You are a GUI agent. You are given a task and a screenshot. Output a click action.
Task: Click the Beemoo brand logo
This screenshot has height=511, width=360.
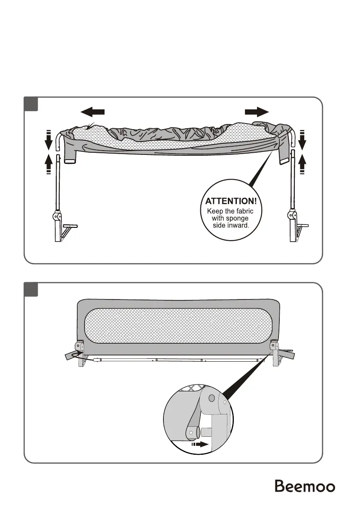305,486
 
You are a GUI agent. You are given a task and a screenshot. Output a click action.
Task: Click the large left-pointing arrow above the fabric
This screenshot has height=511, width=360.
93,112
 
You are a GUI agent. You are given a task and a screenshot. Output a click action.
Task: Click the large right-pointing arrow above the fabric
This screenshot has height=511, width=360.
257,112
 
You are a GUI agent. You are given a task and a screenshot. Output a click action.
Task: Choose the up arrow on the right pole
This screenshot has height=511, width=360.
302,163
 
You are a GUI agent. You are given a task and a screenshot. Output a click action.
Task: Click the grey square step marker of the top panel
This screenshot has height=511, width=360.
31,104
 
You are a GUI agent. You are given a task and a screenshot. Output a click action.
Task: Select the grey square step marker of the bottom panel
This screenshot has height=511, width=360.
31,290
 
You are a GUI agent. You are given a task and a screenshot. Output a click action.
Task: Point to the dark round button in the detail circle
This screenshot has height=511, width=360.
211,398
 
